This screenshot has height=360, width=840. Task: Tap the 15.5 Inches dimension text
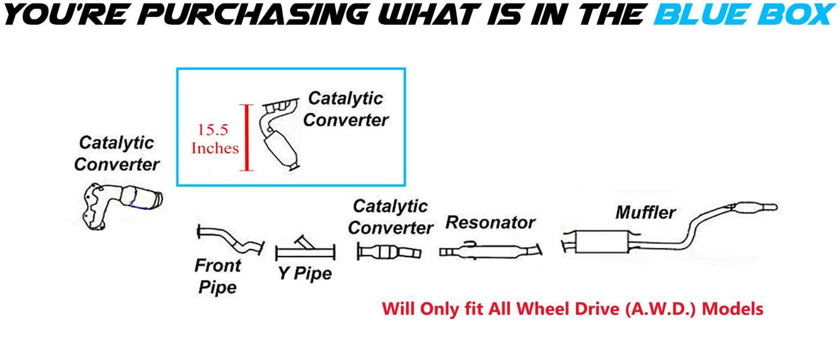tap(215, 139)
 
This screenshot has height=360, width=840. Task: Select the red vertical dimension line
tap(248, 138)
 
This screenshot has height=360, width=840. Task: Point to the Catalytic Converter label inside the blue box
tap(346, 109)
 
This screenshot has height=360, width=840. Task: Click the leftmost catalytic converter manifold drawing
tap(119, 203)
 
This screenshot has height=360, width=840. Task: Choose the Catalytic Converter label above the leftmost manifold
tap(116, 154)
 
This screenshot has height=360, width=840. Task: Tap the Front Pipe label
tap(217, 276)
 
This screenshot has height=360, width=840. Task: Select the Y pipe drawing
tap(306, 249)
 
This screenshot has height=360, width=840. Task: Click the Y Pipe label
tap(304, 273)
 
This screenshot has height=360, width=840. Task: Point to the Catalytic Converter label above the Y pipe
tap(390, 216)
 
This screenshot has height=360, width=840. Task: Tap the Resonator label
tap(490, 222)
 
